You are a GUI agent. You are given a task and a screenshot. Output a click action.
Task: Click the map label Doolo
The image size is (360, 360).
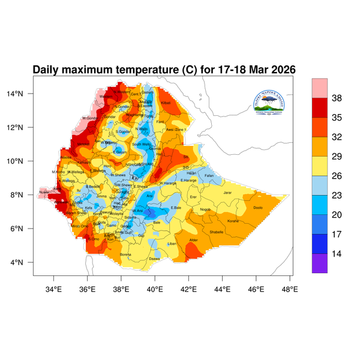click(258, 208)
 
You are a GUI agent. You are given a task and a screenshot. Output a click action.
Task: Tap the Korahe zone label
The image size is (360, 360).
click(233, 221)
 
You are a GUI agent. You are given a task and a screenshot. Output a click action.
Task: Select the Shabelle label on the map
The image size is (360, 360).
click(217, 232)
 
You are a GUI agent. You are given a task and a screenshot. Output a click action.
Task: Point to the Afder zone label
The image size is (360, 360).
click(193, 240)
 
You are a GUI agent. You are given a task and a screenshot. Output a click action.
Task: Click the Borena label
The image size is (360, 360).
click(126, 254)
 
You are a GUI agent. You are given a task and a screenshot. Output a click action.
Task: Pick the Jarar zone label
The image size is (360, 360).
click(227, 193)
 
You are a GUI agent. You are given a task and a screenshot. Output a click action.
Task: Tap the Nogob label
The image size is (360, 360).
click(206, 209)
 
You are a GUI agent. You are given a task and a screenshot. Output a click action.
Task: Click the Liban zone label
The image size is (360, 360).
click(172, 244)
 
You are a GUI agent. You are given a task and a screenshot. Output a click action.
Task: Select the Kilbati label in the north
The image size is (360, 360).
click(166, 103)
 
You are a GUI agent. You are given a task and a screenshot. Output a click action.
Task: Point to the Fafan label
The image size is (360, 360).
click(209, 175)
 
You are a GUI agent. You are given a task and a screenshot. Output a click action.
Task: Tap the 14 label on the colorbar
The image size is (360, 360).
click(337, 254)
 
